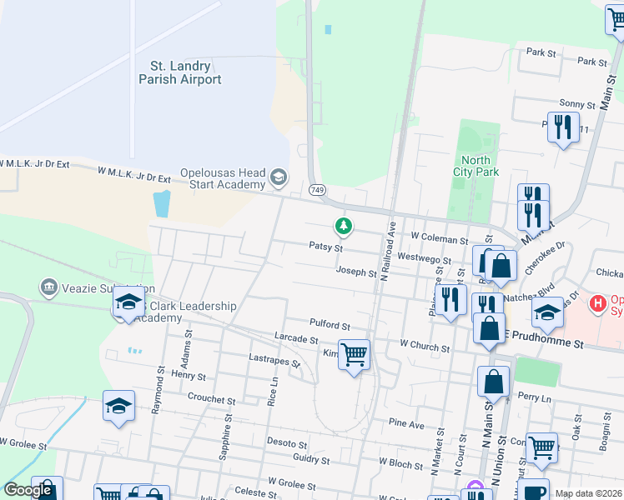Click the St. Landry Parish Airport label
pyautogui.click(x=180, y=72)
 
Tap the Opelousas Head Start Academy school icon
pyautogui.click(x=278, y=177)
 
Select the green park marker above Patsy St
pyautogui.click(x=342, y=225)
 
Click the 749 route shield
pyautogui.click(x=318, y=192)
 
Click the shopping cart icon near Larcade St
pyautogui.click(x=354, y=353)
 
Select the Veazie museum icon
pyautogui.click(x=48, y=288)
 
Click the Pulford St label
pyautogui.click(x=329, y=327)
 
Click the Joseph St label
pyautogui.click(x=356, y=272)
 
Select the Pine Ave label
pyautogui.click(x=406, y=424)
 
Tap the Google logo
pyautogui.click(x=28, y=491)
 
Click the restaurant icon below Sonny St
pyautogui.click(x=563, y=127)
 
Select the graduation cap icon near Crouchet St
pyautogui.click(x=118, y=406)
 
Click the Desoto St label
pyautogui.click(x=286, y=442)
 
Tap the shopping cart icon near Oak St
pyautogui.click(x=541, y=447)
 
